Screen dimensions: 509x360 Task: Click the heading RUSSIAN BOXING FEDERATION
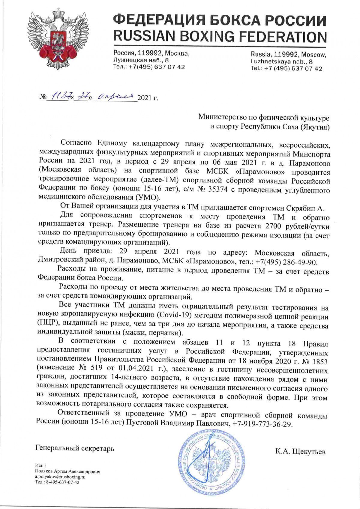(x=220, y=37)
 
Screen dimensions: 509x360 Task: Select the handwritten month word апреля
(x=115, y=97)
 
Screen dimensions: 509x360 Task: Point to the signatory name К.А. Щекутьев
(x=300, y=451)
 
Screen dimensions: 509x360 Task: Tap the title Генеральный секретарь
(x=75, y=449)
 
